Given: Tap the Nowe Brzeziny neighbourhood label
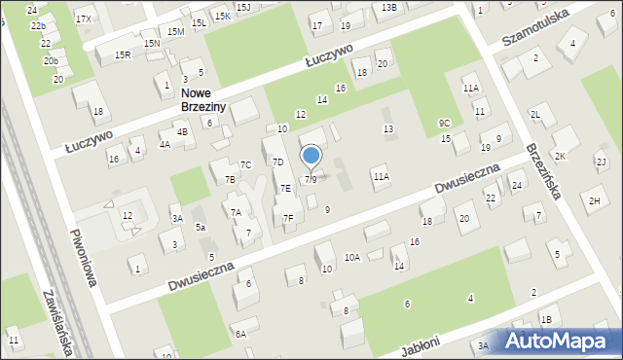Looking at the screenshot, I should [x=205, y=100].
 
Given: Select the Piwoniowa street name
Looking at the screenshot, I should [x=83, y=258].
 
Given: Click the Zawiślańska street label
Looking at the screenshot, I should [x=55, y=322].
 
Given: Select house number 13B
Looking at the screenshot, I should [x=389, y=7].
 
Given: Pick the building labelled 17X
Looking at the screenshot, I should [x=84, y=19].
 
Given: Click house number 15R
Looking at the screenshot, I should [x=123, y=55].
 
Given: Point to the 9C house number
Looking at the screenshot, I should [x=444, y=124].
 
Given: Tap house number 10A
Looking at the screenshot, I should [x=352, y=257].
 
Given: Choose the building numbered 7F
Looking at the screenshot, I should [x=288, y=219].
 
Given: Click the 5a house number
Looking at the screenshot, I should [x=200, y=228].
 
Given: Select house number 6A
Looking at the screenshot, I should [x=240, y=334].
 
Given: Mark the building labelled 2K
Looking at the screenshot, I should [x=560, y=157].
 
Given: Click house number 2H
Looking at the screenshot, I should [x=594, y=200].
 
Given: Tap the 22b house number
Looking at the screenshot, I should [x=38, y=26].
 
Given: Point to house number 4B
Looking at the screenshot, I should [x=182, y=132].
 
